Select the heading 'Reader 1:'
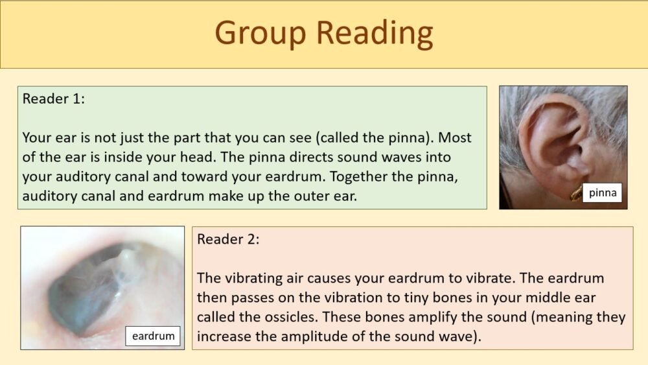click(54, 99)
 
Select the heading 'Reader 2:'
click(228, 239)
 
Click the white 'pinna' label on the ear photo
click(603, 193)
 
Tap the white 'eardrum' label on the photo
click(153, 336)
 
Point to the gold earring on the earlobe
click(575, 193)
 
